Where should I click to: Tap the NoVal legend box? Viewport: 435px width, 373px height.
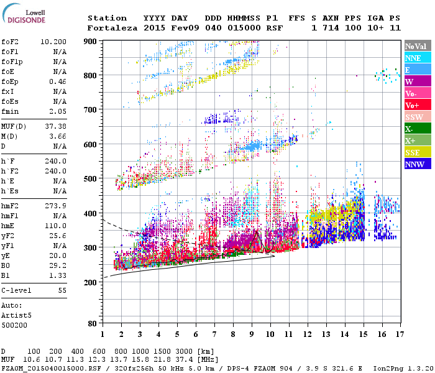[416, 46]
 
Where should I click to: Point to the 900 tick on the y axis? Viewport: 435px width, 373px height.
[91, 41]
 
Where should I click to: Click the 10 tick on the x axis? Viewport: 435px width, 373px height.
[270, 334]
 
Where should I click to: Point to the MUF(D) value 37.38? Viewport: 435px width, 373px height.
[55, 126]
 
